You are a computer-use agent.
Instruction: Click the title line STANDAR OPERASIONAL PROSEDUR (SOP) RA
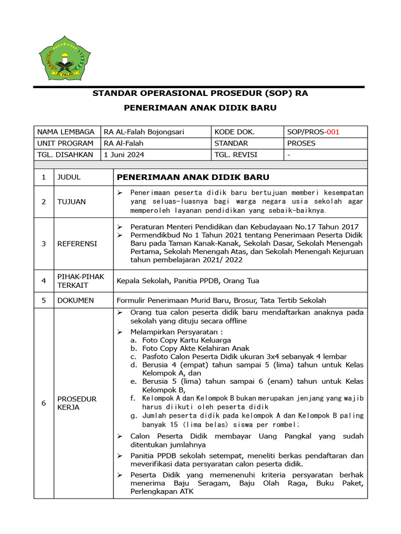(200, 94)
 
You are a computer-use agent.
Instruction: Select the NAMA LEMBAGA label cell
(65, 132)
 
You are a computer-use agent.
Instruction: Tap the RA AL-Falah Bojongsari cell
(144, 132)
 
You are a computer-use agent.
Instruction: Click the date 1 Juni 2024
(124, 154)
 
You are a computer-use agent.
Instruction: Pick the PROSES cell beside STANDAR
(301, 143)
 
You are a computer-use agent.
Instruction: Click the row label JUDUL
(69, 177)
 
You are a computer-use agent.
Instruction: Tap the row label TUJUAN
(72, 201)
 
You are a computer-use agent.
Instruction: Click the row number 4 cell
(44, 281)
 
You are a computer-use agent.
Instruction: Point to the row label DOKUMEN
(76, 300)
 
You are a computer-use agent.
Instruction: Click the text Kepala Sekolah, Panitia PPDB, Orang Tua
(188, 281)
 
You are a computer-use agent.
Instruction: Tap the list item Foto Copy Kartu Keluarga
(186, 340)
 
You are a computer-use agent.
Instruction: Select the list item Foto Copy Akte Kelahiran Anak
(195, 348)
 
